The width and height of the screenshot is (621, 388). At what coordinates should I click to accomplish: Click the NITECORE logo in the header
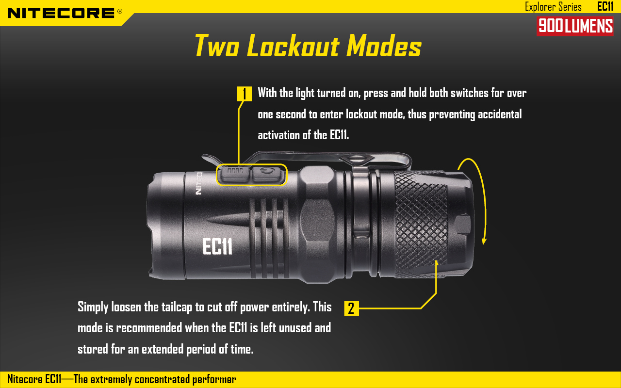[61, 13]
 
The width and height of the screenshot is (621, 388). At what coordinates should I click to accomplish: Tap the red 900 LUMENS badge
[575, 26]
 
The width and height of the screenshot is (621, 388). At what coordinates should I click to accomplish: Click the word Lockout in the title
[293, 46]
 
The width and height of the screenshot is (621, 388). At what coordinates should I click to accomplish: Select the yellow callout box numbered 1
[244, 94]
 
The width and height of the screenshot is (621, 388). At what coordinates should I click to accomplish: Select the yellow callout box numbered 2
[351, 308]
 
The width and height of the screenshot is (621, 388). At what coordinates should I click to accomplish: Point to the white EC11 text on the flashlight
[217, 246]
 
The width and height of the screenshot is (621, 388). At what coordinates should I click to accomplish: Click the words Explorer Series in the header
[553, 7]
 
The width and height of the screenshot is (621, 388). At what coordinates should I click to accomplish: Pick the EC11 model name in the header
[605, 6]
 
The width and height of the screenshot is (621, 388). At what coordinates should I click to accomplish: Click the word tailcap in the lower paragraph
[177, 307]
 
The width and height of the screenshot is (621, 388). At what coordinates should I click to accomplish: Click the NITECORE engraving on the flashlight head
[198, 183]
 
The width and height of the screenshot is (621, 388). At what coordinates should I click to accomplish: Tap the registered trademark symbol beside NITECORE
[120, 11]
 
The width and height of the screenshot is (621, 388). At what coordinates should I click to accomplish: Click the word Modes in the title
[384, 46]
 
